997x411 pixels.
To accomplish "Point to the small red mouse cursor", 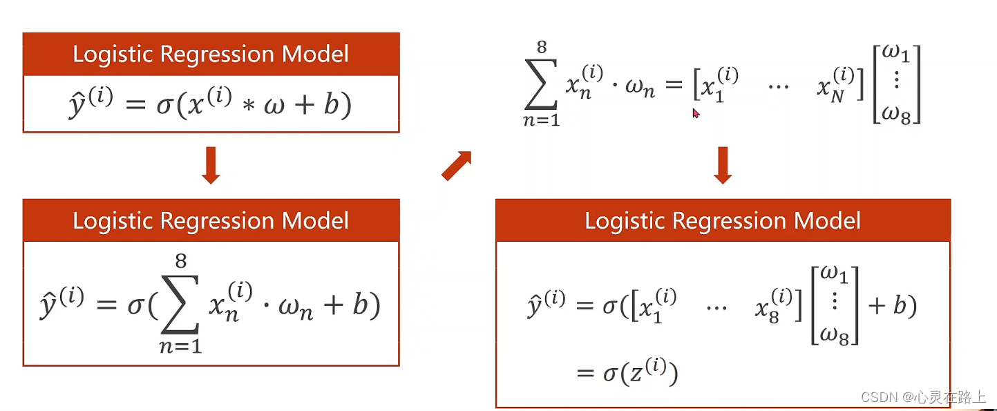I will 696,113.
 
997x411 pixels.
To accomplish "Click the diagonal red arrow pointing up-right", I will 456,166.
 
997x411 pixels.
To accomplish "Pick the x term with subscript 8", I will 771,306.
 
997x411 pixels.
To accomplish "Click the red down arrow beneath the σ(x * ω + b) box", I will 211,167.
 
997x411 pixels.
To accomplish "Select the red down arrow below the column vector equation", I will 723,166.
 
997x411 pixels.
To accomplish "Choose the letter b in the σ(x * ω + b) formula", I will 332,106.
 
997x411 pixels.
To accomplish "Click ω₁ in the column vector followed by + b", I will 835,276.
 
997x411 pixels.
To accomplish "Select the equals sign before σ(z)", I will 585,374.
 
